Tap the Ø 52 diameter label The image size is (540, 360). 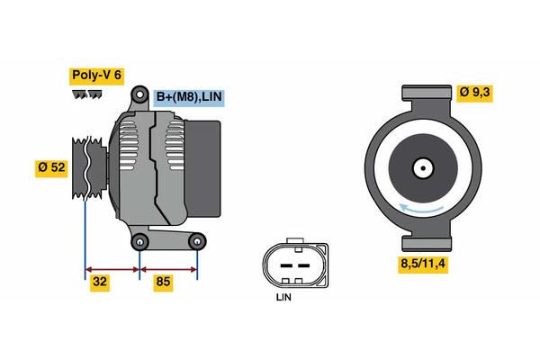pyautogui.click(x=52, y=166)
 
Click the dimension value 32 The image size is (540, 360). pyautogui.click(x=101, y=283)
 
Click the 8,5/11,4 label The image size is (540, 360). pyautogui.click(x=424, y=264)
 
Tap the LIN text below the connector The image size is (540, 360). pyautogui.click(x=284, y=297)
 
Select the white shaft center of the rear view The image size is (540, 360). pyautogui.click(x=421, y=167)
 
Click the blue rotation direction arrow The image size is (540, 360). pyautogui.click(x=423, y=210)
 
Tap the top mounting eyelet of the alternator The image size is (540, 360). pyautogui.click(x=139, y=94)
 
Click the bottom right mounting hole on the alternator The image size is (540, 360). pyautogui.click(x=198, y=240)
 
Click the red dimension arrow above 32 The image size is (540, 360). pyautogui.click(x=112, y=268)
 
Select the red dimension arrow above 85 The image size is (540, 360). pyautogui.click(x=168, y=268)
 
